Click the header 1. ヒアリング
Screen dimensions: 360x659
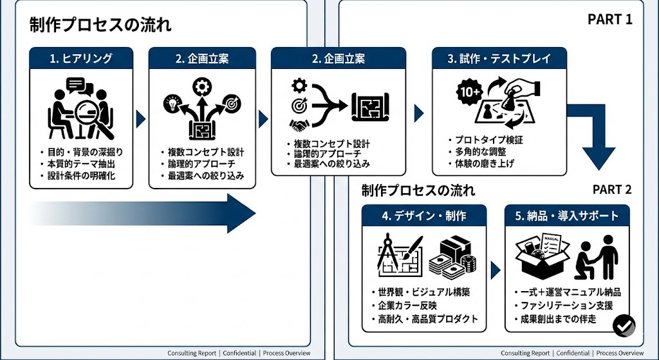(x=81, y=59)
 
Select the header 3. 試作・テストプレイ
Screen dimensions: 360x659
(x=499, y=59)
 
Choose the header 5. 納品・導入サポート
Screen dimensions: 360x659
(x=567, y=216)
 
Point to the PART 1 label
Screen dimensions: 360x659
(x=609, y=19)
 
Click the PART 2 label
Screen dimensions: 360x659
(x=611, y=189)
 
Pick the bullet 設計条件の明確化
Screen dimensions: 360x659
(x=80, y=176)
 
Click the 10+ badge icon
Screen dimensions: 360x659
(x=467, y=91)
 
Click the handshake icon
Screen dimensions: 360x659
(x=299, y=124)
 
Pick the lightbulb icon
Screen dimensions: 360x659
(x=171, y=102)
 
